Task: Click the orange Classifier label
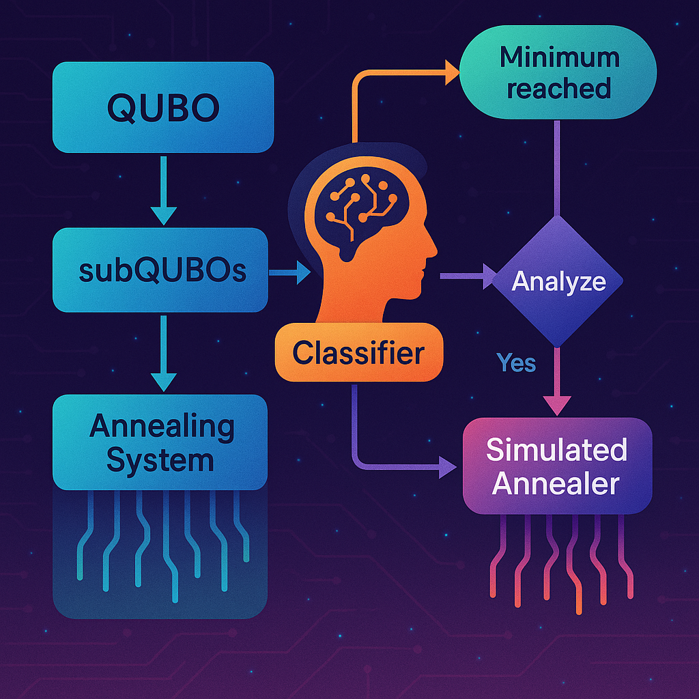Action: [x=358, y=353]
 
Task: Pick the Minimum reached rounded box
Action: [x=558, y=73]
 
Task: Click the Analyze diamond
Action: [x=558, y=281]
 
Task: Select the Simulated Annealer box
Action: [x=558, y=466]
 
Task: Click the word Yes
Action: [x=516, y=362]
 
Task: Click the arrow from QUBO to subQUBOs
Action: [x=162, y=188]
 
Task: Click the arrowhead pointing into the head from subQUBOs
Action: [x=302, y=274]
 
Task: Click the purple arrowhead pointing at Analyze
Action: [x=492, y=276]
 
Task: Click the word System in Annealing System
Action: [x=160, y=461]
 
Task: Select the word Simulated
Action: [x=556, y=451]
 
